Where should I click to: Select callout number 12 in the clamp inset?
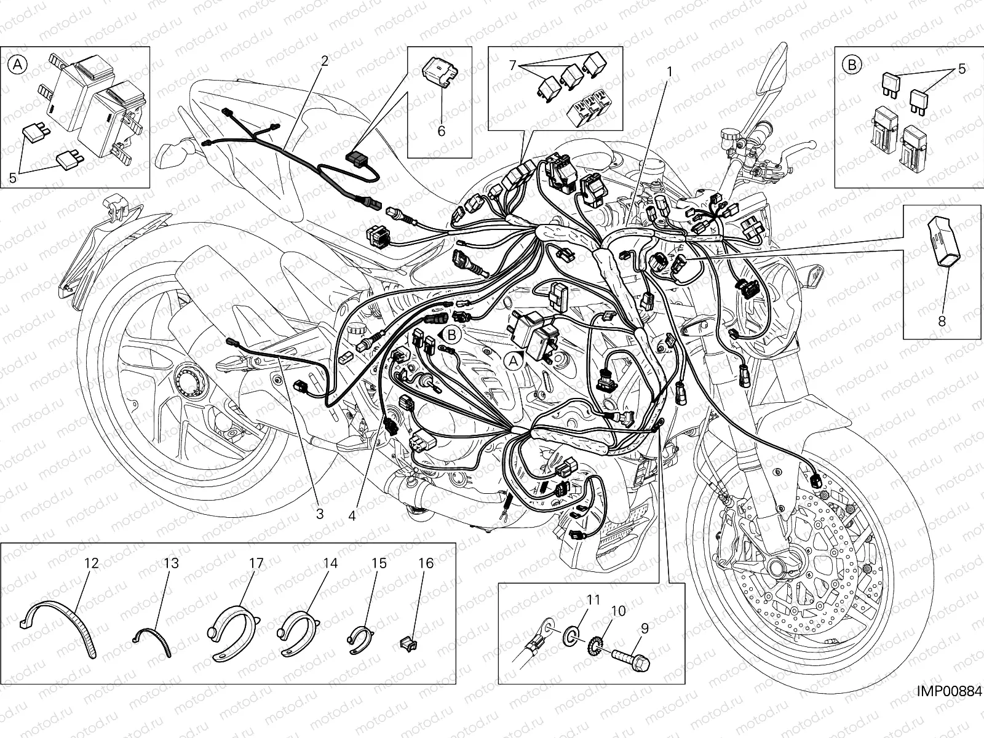pyautogui.click(x=91, y=563)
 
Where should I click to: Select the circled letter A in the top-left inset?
pyautogui.click(x=18, y=63)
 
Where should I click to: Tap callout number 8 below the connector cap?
pyautogui.click(x=942, y=320)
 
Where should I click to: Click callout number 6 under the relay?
pyautogui.click(x=441, y=130)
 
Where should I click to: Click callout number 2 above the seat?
pyautogui.click(x=324, y=60)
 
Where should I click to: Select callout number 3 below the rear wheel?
pyautogui.click(x=319, y=514)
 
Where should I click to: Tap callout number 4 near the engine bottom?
pyautogui.click(x=352, y=515)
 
